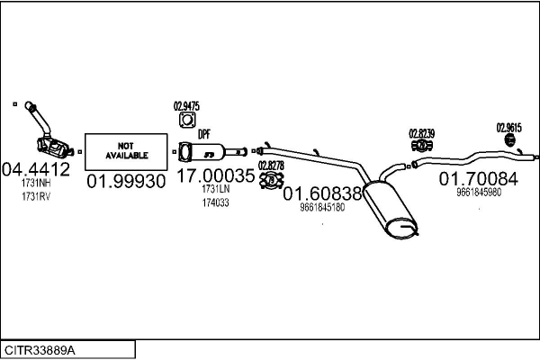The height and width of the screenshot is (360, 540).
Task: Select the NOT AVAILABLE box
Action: click(125, 150)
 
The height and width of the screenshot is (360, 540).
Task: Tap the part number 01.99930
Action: click(126, 180)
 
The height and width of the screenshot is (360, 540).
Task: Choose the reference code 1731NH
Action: click(36, 184)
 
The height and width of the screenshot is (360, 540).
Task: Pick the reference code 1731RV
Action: click(36, 195)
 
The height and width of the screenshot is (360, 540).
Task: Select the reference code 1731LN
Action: click(216, 190)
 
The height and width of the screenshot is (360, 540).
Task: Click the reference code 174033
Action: click(215, 202)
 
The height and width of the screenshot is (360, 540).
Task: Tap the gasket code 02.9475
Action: click(186, 103)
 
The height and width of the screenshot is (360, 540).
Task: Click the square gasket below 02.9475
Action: click(186, 121)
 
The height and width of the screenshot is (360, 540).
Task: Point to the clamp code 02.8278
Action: click(271, 165)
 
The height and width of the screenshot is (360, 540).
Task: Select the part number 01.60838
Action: click(322, 193)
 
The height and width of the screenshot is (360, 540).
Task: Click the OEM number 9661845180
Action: click(322, 207)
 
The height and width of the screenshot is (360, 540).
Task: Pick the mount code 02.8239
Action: click(421, 134)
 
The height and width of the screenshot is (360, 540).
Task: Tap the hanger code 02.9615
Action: click(510, 128)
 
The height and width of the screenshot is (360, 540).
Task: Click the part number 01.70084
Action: click(478, 178)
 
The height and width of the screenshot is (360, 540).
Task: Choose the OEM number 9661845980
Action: click(479, 192)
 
